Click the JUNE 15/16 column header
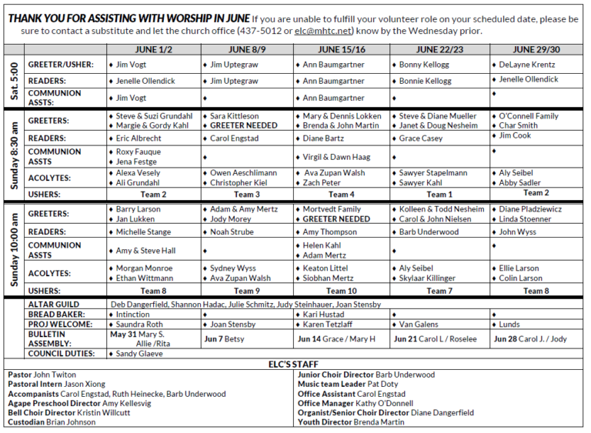point(342,48)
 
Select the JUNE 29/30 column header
point(536,48)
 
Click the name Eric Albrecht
point(139,138)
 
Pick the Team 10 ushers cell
point(342,291)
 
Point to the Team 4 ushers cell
point(342,195)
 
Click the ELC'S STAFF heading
point(296,365)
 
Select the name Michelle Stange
point(143,232)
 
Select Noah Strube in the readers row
point(232,232)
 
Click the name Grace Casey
point(421,138)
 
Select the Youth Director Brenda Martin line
point(352,421)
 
